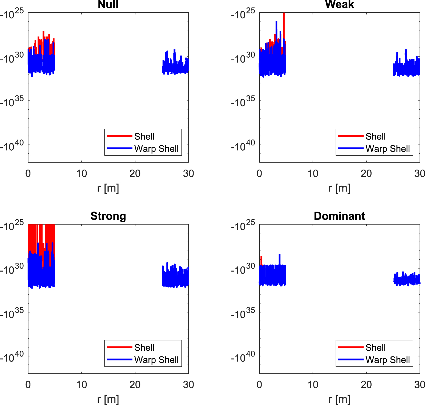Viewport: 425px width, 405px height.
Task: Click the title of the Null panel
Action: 108,5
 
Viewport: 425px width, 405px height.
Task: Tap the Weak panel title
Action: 339,5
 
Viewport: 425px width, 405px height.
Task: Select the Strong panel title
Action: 108,216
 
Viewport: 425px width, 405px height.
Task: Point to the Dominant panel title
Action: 339,216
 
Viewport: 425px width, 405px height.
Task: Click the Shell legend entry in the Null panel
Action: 144,136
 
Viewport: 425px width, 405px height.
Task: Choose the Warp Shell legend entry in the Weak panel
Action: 387,149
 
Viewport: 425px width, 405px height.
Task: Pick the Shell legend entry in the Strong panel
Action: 144,348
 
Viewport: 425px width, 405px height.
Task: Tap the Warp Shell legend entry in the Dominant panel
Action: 387,360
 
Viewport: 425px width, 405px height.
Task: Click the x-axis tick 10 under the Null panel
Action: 81,174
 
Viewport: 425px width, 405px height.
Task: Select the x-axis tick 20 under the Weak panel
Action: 366,174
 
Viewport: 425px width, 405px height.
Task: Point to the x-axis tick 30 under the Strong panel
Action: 188,385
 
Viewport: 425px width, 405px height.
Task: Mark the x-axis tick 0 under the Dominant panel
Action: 259,385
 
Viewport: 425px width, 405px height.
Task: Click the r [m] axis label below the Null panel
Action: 108,188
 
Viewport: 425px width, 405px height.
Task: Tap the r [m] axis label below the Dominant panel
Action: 339,400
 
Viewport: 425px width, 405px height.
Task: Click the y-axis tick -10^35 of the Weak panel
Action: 243,102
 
